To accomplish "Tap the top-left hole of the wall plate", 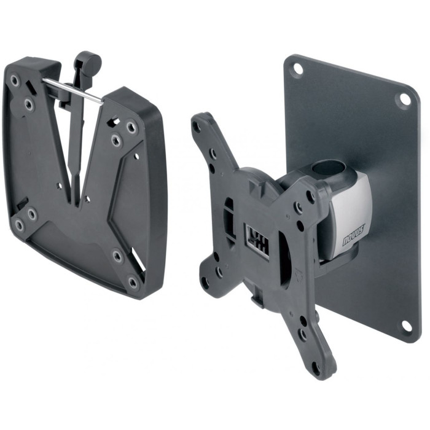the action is pyautogui.click(x=297, y=68).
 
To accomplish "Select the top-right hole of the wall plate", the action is pyautogui.click(x=404, y=99).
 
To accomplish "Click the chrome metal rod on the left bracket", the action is pyautogui.click(x=73, y=90).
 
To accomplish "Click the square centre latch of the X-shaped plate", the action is pyautogui.click(x=256, y=240).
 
